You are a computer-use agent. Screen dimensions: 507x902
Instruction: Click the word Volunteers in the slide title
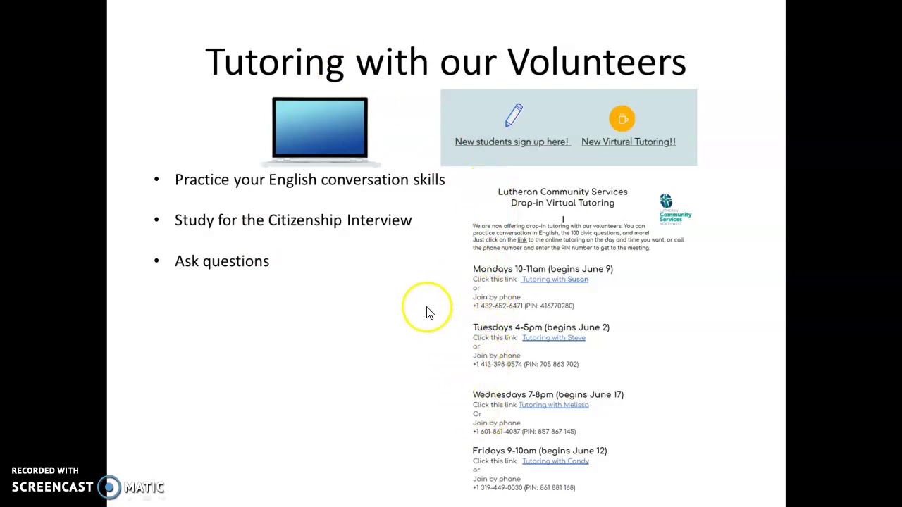point(596,62)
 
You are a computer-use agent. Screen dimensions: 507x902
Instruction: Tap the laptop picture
point(320,127)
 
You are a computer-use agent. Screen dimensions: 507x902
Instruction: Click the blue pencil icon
point(514,115)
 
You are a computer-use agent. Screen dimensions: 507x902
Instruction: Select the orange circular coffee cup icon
point(622,119)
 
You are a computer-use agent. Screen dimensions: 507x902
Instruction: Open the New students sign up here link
point(512,142)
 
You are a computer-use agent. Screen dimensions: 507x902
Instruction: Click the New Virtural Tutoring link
point(628,142)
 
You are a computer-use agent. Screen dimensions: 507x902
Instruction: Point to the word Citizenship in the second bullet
point(304,220)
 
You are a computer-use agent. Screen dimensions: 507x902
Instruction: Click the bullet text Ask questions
point(222,261)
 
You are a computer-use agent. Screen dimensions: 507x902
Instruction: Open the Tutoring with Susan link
point(555,280)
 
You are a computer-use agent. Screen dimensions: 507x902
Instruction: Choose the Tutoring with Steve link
point(554,338)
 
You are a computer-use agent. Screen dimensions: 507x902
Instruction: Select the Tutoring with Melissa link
point(553,405)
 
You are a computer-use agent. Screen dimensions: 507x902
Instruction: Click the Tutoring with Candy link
point(555,461)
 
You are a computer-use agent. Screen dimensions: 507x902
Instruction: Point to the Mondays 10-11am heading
point(543,269)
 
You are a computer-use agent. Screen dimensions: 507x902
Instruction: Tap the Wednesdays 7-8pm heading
point(548,394)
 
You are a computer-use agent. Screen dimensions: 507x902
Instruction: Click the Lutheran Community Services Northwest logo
point(674,209)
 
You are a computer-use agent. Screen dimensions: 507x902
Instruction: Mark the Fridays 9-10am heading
point(539,451)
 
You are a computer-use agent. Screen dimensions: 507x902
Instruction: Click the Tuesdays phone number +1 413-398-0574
point(498,365)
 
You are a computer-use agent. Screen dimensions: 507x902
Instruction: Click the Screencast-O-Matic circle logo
point(109,487)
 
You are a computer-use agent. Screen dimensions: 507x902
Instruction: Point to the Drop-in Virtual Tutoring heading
point(562,203)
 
